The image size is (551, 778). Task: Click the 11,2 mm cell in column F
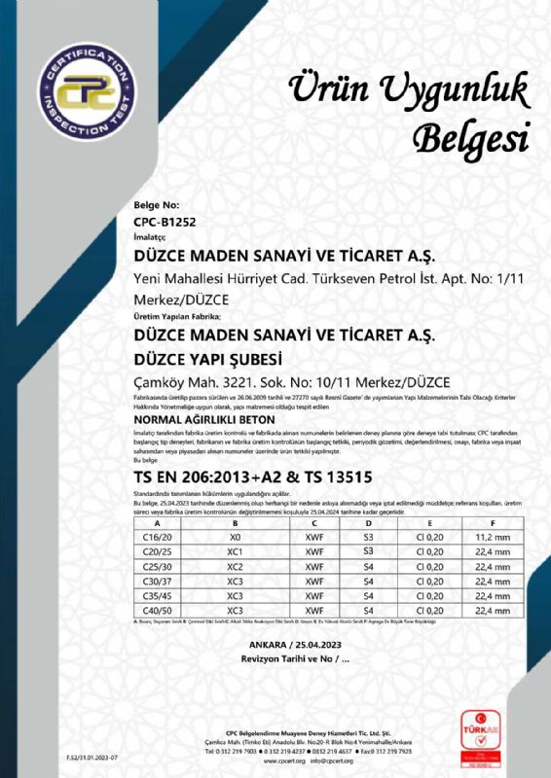pyautogui.click(x=493, y=537)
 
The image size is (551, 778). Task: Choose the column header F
pyautogui.click(x=493, y=523)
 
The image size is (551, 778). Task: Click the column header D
pyautogui.click(x=368, y=523)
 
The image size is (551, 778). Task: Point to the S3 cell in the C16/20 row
pyautogui.click(x=368, y=537)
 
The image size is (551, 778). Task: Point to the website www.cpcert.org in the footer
pyautogui.click(x=284, y=761)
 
